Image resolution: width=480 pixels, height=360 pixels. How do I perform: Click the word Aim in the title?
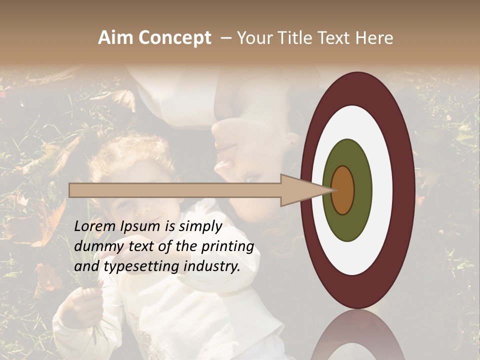pos(116,38)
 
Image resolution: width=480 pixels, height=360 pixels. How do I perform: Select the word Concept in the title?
pos(174,38)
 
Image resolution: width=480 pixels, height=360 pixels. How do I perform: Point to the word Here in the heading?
pos(374,38)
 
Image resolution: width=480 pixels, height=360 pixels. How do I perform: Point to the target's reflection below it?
pos(357,337)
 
